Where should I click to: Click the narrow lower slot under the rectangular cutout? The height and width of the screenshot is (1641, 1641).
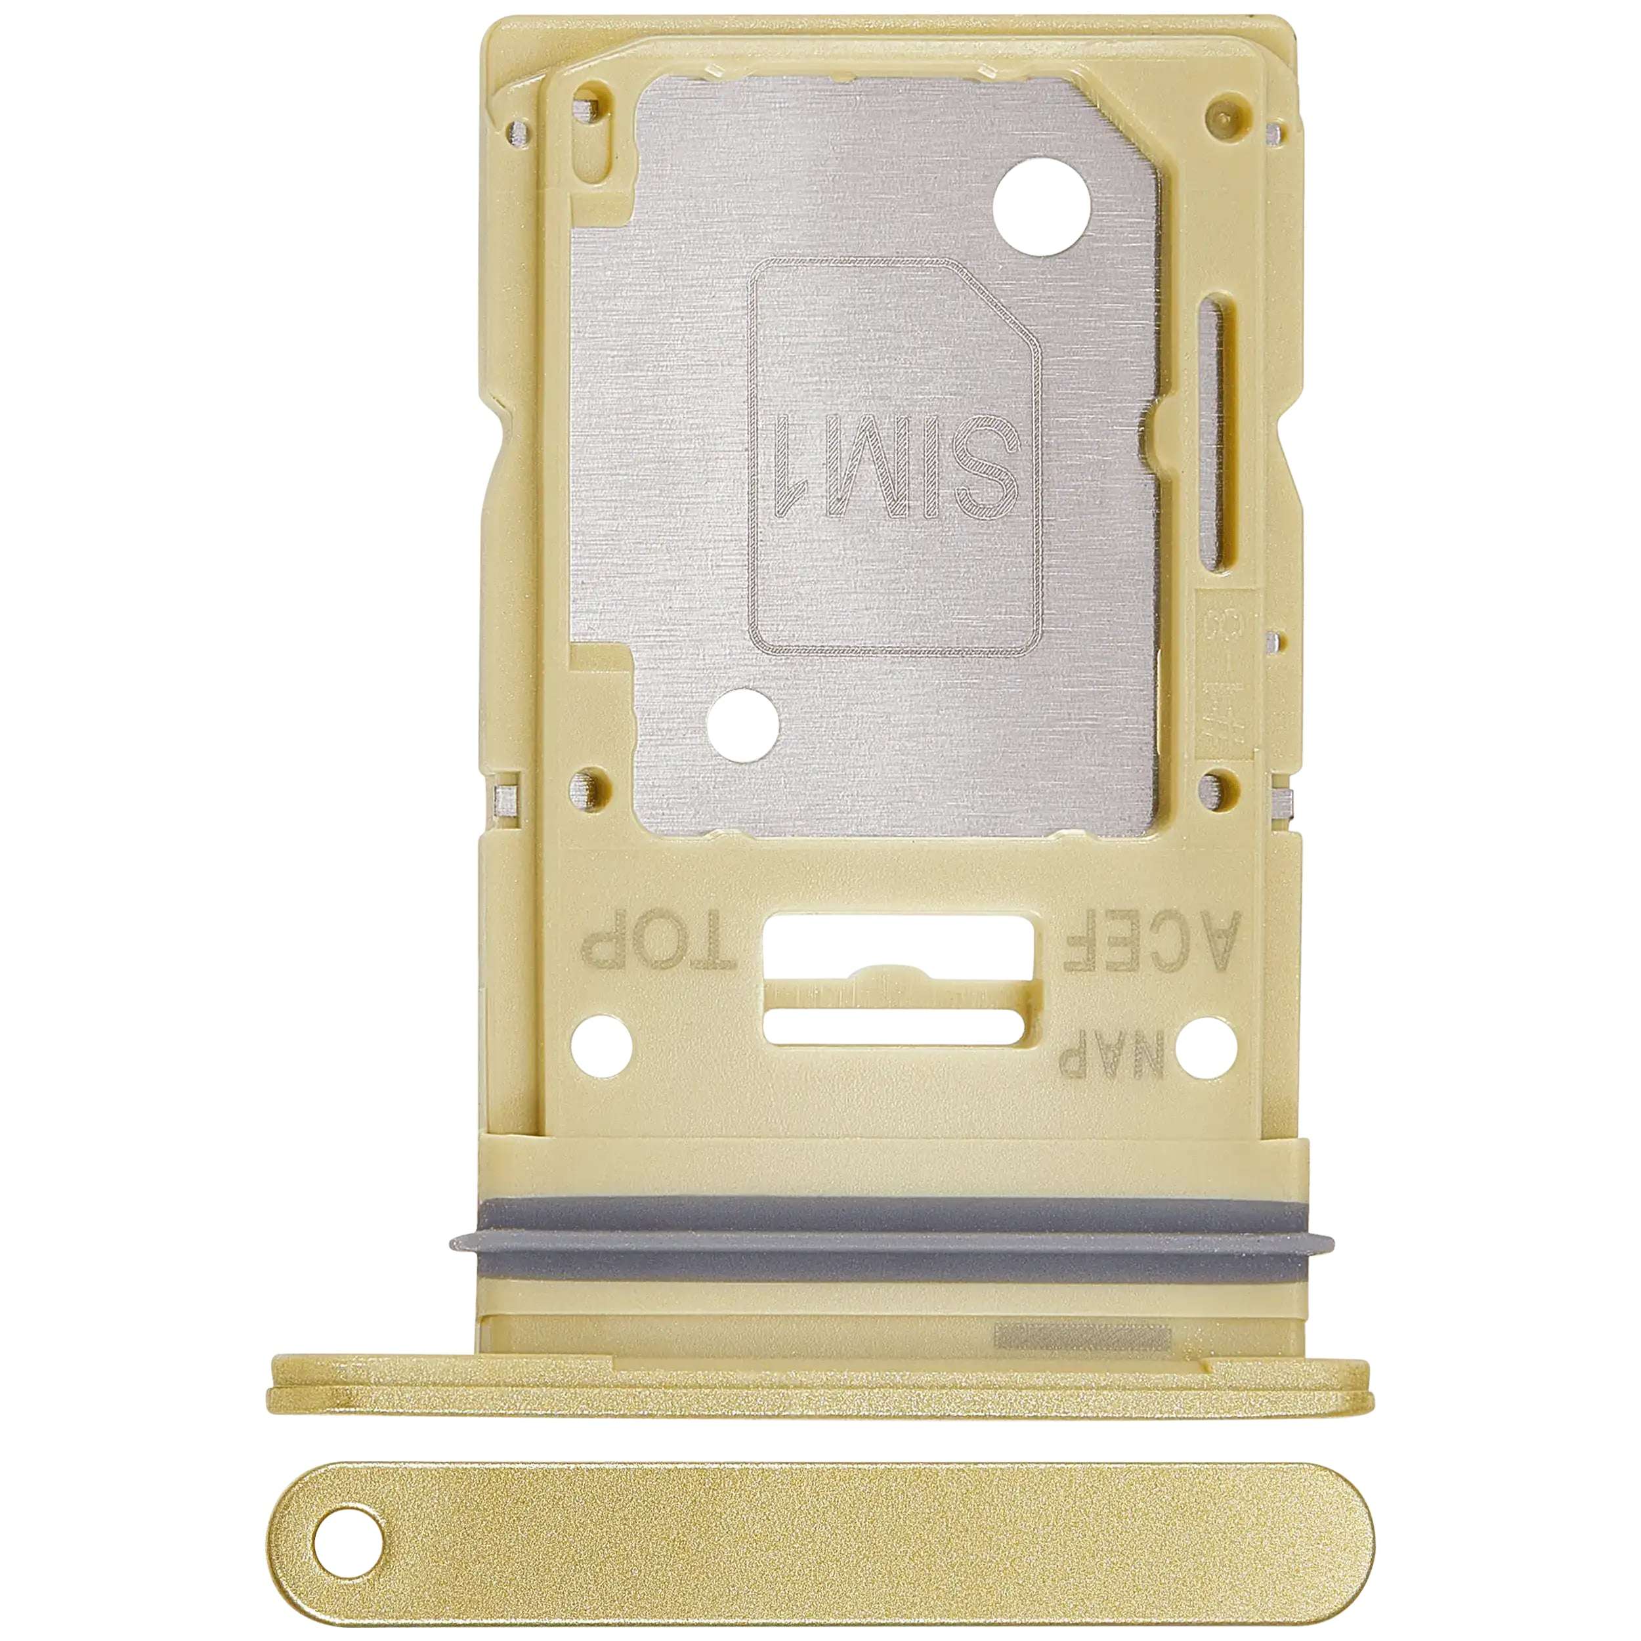(899, 1026)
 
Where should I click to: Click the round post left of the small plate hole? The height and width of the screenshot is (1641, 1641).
(584, 782)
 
